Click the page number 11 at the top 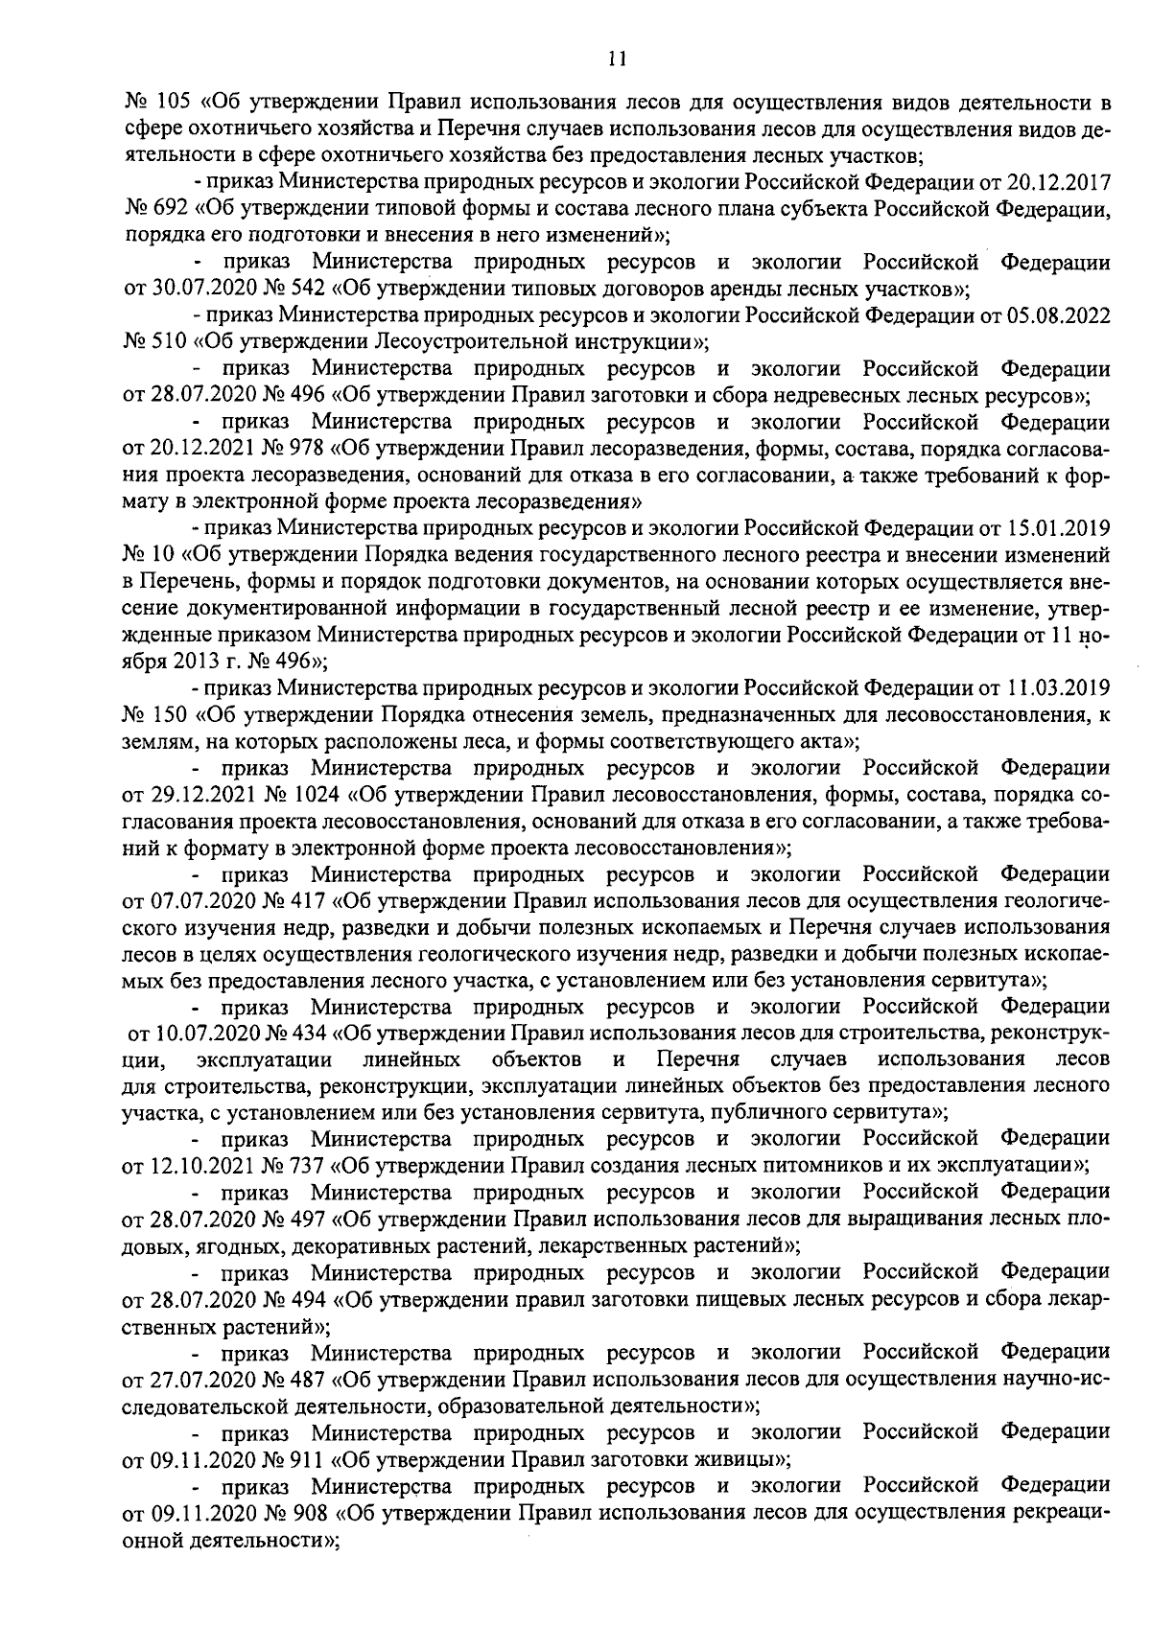coord(617,58)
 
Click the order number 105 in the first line coord(170,103)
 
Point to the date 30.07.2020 coord(200,288)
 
